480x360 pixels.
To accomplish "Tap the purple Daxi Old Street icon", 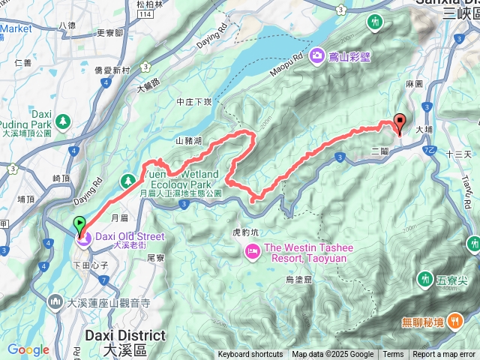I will (82, 238).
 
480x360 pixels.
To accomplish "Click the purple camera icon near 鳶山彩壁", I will (317, 55).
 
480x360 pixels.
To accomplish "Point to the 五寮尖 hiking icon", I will (426, 280).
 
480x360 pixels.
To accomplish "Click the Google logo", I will (28, 349).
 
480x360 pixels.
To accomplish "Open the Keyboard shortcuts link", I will (250, 355).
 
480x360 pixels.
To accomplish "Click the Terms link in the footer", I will (393, 355).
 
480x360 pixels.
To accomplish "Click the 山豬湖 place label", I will (189, 140).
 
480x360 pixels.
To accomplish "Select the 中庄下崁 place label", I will (195, 102).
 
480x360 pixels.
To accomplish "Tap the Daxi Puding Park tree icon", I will (63, 119).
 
